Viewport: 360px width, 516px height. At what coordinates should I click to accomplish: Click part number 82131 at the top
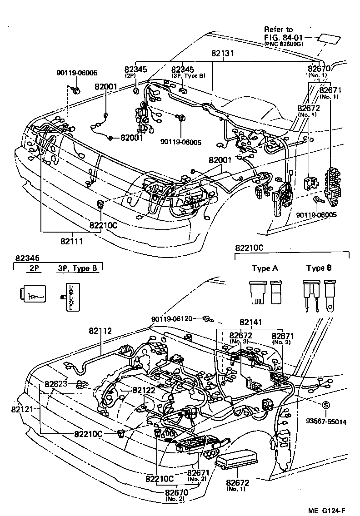223,53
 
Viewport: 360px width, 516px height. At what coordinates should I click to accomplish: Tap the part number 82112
100,331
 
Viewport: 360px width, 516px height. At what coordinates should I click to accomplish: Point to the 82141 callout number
251,322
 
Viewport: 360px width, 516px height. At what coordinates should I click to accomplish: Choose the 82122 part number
144,390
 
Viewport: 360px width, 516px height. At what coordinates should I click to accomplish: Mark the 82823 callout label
56,383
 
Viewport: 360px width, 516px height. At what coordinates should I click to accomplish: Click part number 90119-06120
175,320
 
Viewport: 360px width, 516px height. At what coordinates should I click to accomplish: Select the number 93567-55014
326,422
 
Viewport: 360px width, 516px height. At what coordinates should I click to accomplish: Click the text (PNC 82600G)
285,44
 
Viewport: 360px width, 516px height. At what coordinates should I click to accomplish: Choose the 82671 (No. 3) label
283,339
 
